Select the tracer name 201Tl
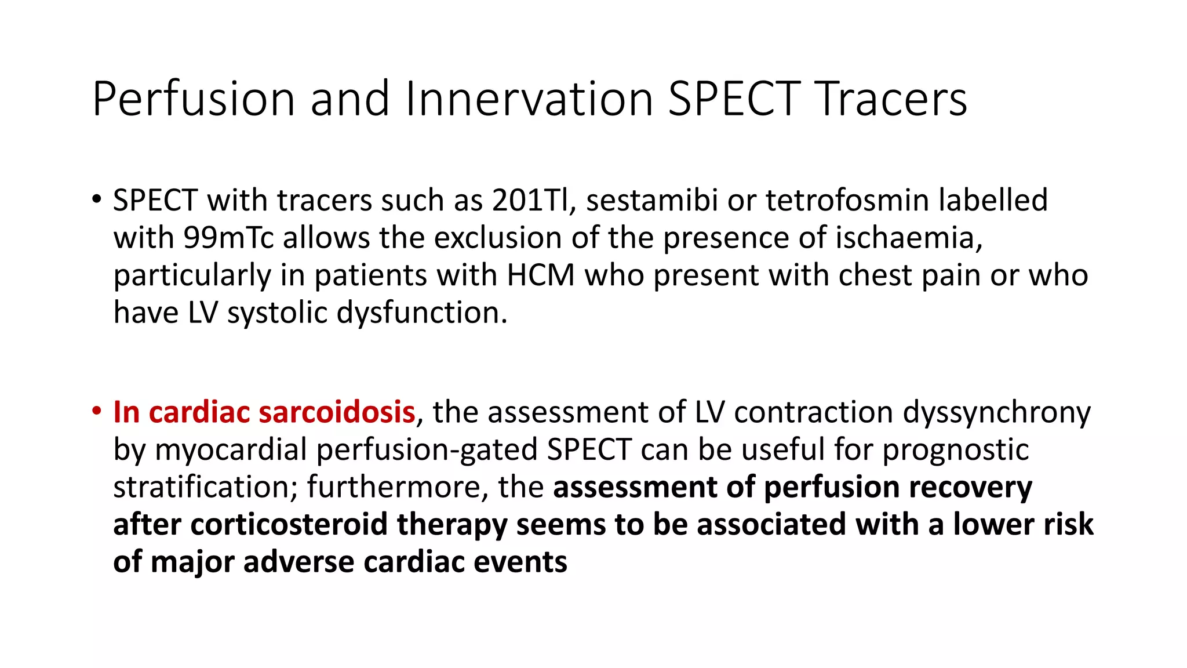531,200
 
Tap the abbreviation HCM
540,275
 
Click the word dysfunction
422,313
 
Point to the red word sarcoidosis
336,412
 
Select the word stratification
205,487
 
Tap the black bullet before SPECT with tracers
96,200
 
